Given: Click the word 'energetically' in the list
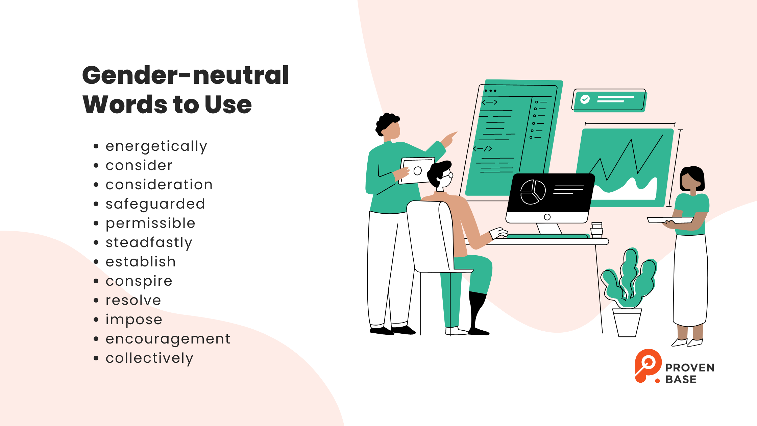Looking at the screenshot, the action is point(156,147).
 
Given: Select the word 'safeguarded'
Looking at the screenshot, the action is point(155,204).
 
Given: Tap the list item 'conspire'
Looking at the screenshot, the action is point(139,281).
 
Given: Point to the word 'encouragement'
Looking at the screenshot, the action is point(168,339).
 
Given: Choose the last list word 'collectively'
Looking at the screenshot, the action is point(149,358).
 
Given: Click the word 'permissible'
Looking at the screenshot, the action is point(150,223).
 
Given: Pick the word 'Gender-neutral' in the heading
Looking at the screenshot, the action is point(186,75).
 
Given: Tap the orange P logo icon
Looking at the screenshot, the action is point(647,366).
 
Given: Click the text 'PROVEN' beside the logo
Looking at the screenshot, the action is point(690,368).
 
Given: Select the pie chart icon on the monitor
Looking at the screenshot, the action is point(533,192).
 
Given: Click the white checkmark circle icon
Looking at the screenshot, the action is point(585,99).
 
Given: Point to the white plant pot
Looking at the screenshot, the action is point(627,323).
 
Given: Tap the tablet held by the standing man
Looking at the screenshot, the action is point(417,170).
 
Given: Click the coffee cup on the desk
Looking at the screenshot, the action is point(597,230).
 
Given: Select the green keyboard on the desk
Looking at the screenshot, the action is point(547,236).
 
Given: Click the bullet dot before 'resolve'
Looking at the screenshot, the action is point(96,301).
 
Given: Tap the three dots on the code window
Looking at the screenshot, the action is point(490,91).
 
